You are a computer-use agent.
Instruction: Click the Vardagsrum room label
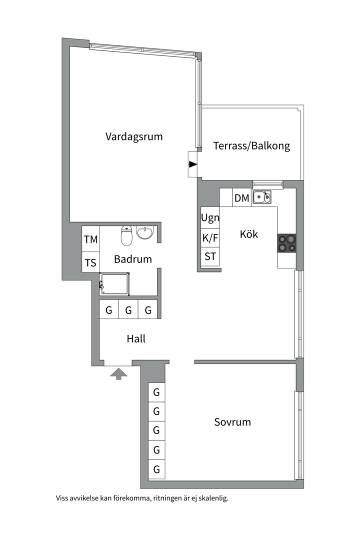pyautogui.click(x=134, y=136)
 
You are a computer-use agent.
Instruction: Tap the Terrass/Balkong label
pyautogui.click(x=251, y=145)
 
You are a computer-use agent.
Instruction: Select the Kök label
pyautogui.click(x=248, y=234)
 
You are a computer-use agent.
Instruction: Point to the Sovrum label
pyautogui.click(x=232, y=422)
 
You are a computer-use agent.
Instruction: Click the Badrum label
pyautogui.click(x=133, y=259)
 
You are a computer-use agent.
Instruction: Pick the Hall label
pyautogui.click(x=136, y=338)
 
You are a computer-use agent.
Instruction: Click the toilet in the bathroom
pyautogui.click(x=126, y=236)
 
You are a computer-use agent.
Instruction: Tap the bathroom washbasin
pyautogui.click(x=144, y=232)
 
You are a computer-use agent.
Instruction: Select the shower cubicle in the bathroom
pyautogui.click(x=114, y=284)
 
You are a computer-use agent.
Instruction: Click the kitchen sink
pyautogui.click(x=262, y=197)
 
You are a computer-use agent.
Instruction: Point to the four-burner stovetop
pyautogui.click(x=286, y=243)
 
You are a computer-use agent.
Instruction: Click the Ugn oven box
pyautogui.click(x=210, y=217)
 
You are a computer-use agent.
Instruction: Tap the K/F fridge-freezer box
pyautogui.click(x=210, y=238)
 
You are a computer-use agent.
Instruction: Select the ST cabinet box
pyautogui.click(x=210, y=257)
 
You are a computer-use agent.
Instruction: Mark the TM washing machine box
pyautogui.click(x=90, y=239)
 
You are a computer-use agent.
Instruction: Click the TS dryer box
pyautogui.click(x=90, y=262)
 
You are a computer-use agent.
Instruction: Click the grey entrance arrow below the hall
pyautogui.click(x=118, y=373)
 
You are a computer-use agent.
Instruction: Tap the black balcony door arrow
pyautogui.click(x=193, y=164)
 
